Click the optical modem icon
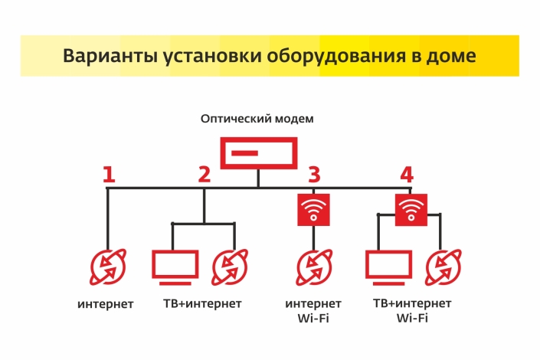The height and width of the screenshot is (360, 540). coord(258,153)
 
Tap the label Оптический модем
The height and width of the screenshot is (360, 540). coord(257,119)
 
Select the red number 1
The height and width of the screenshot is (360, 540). coord(109,175)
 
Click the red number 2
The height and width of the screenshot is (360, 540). coord(204,175)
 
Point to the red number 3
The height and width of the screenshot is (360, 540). coord(314,175)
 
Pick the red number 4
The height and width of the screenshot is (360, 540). coord(407,175)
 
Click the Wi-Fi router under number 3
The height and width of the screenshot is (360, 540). coord(314,209)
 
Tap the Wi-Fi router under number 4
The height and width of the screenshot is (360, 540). coord(411,208)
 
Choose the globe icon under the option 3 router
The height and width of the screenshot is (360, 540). coord(314,267)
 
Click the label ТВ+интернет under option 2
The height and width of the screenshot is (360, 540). coord(202,304)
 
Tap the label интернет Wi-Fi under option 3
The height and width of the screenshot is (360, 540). coord(313,310)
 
